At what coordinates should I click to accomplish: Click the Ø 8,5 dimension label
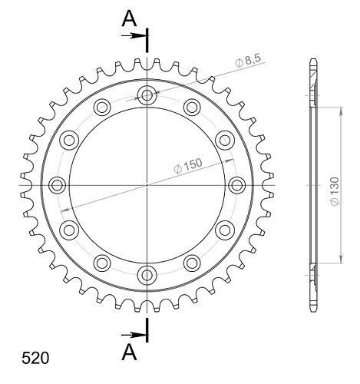(x=248, y=61)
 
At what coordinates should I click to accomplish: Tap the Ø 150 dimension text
(x=188, y=166)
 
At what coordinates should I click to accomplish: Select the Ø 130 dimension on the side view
(x=335, y=191)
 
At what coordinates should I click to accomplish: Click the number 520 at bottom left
(x=35, y=358)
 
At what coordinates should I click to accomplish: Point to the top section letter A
(x=129, y=19)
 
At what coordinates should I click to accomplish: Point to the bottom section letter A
(x=129, y=352)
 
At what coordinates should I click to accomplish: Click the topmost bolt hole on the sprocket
(x=147, y=95)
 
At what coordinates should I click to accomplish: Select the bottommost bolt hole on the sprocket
(x=147, y=275)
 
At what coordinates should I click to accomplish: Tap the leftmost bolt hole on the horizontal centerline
(x=57, y=185)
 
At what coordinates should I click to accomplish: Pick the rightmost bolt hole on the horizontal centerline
(x=236, y=185)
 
